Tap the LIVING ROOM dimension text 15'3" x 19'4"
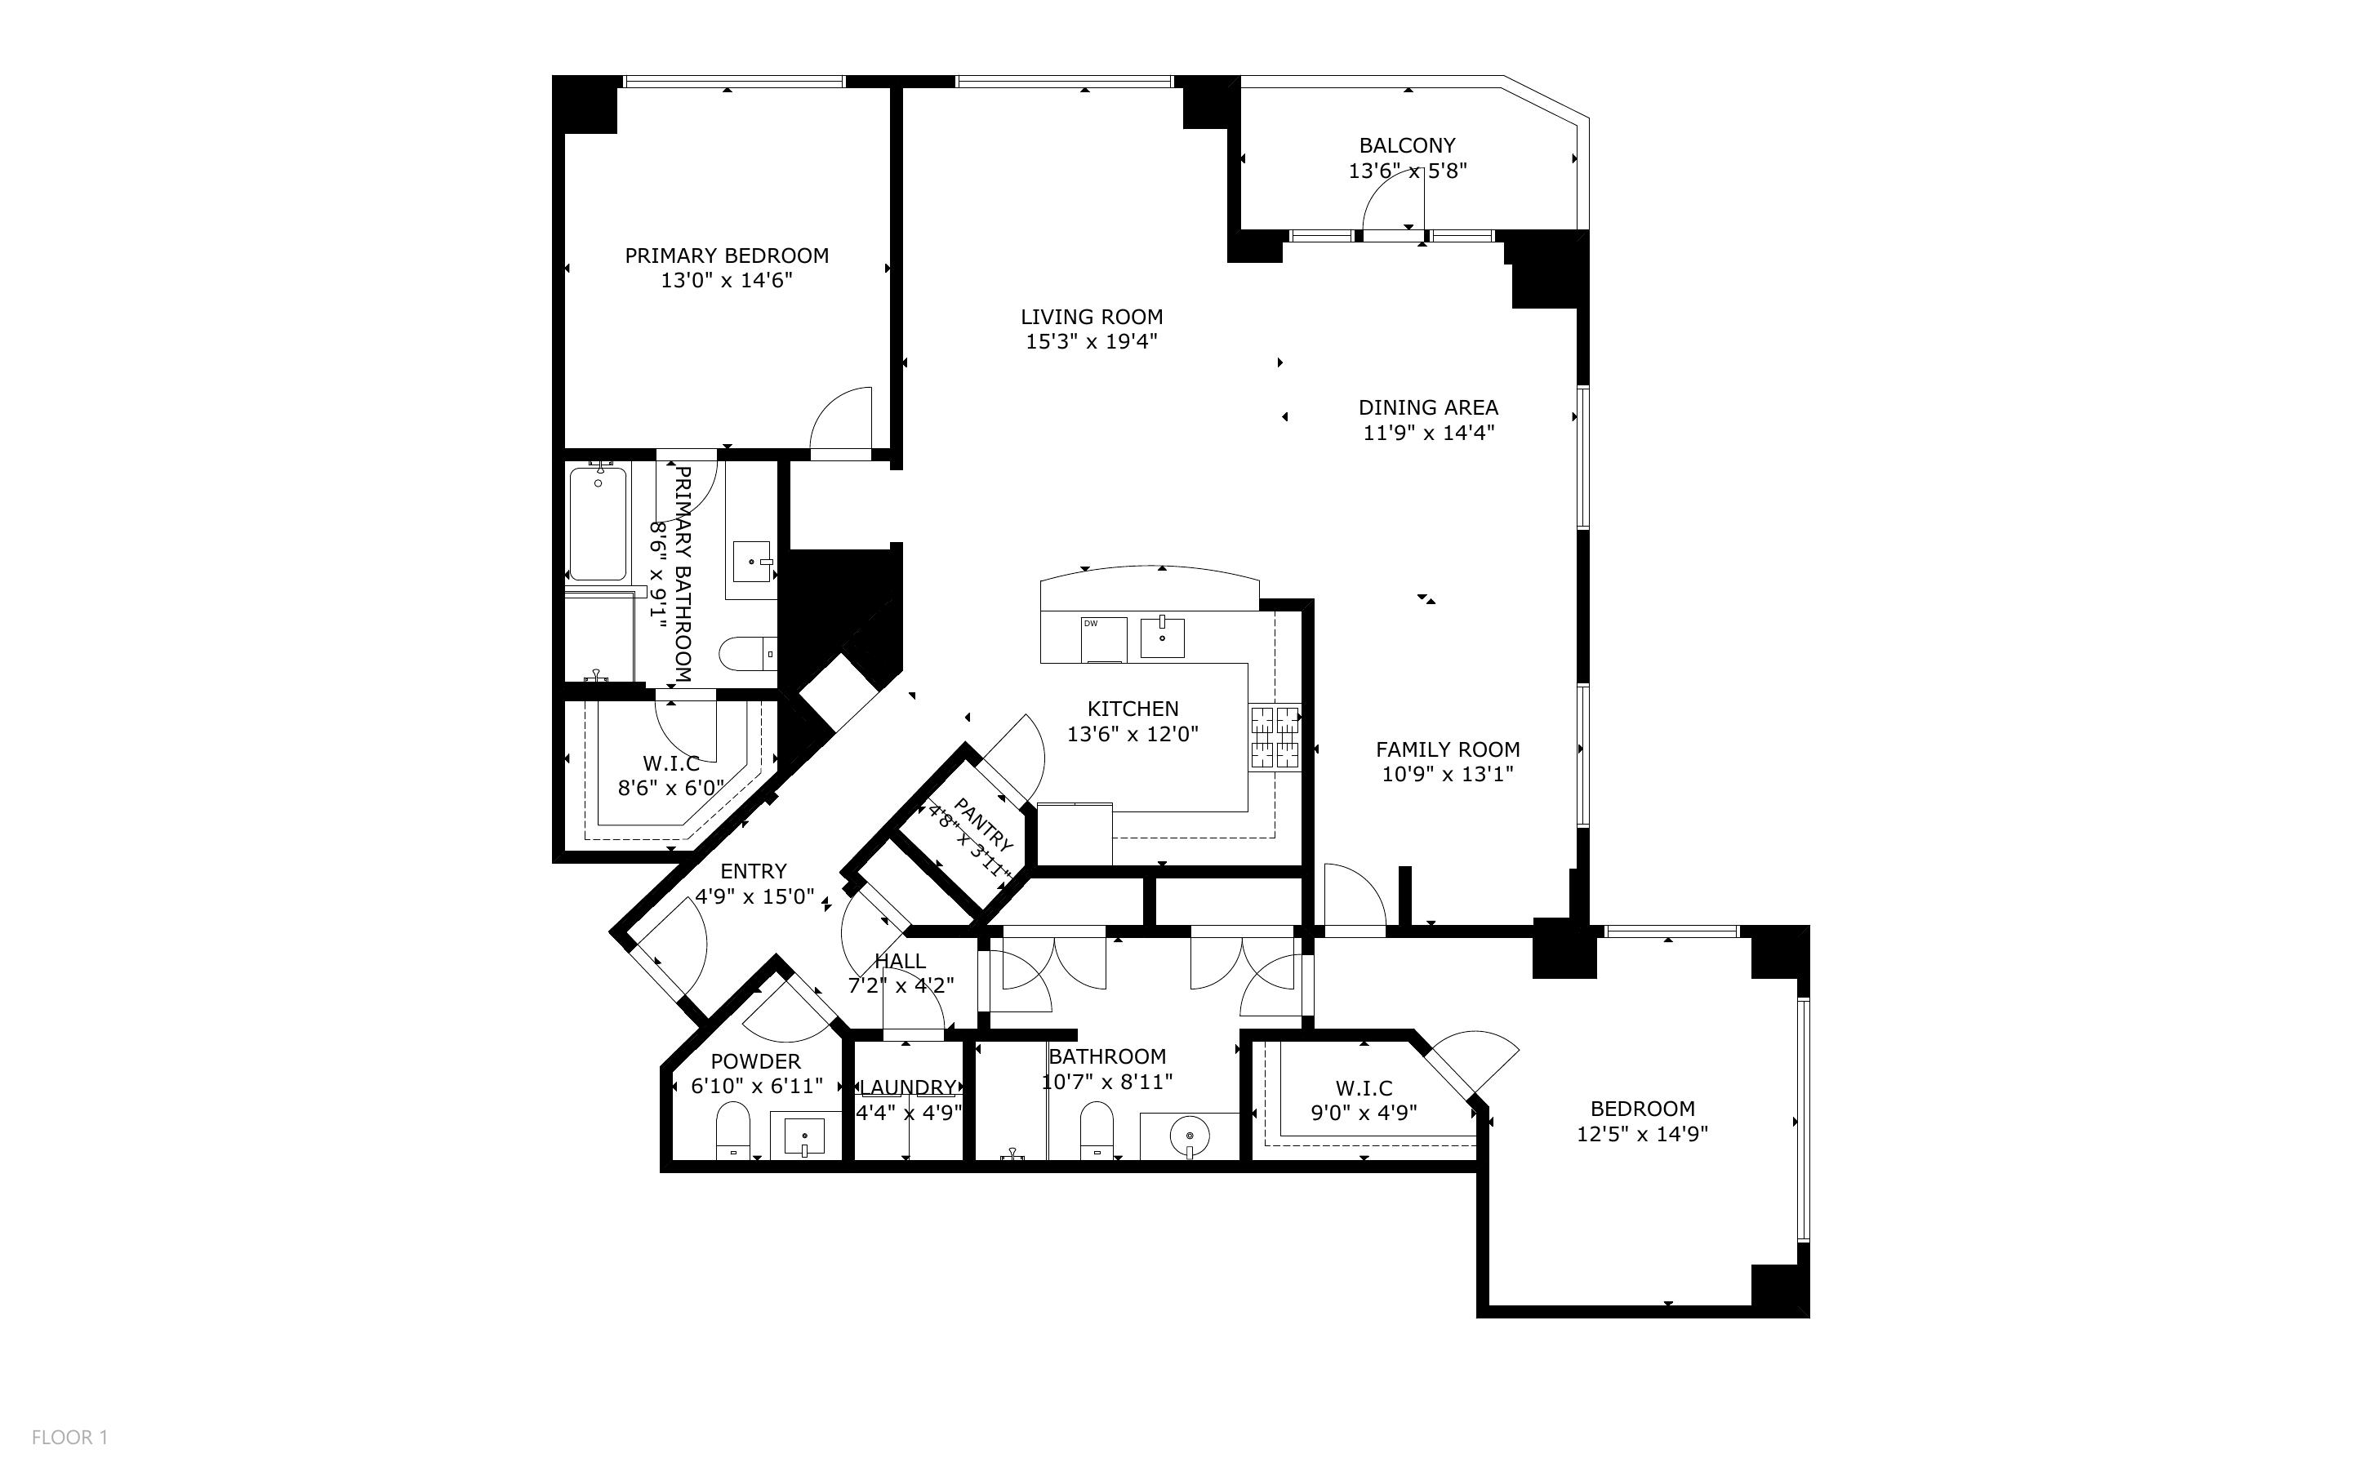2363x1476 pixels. point(1091,342)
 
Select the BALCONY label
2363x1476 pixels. point(1408,145)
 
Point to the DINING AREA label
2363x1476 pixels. point(1428,407)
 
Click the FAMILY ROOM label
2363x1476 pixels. point(1448,749)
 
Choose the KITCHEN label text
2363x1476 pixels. point(1133,709)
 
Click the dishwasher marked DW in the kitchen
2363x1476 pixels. point(1104,639)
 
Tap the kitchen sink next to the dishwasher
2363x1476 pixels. point(1163,637)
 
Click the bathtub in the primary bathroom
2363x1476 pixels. point(598,523)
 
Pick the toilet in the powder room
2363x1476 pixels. point(732,1131)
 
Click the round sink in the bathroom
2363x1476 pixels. point(1190,1136)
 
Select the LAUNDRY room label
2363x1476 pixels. point(908,1087)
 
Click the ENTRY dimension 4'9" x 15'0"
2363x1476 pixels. point(754,896)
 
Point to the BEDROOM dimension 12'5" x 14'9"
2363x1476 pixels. point(1643,1134)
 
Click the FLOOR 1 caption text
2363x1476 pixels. point(70,1437)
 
